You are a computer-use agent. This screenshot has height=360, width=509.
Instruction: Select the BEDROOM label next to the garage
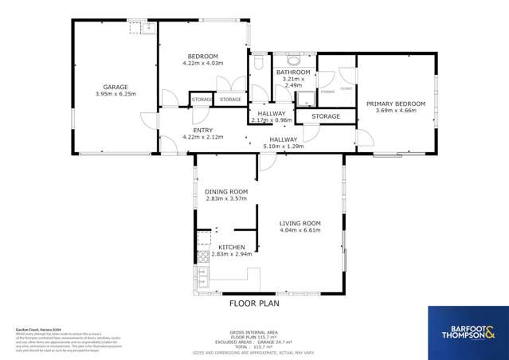coord(203,56)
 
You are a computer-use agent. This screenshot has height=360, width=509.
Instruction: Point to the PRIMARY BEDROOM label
coord(396,104)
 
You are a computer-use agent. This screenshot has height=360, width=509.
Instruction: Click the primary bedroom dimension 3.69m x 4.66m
coord(396,111)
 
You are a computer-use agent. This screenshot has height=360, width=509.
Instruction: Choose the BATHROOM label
coord(293,72)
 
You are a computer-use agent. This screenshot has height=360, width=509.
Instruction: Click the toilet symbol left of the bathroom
coord(258,61)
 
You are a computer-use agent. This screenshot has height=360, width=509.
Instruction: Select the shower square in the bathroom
coord(303,99)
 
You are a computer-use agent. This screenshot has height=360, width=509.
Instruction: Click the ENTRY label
coord(202,130)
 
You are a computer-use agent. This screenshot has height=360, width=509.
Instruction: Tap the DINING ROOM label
coord(226,192)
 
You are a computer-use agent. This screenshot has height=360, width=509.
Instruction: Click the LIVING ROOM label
coord(300,223)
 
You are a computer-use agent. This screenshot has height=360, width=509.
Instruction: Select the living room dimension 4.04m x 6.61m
coord(300,230)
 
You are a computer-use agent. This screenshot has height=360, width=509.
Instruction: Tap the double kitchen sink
coord(202,278)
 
